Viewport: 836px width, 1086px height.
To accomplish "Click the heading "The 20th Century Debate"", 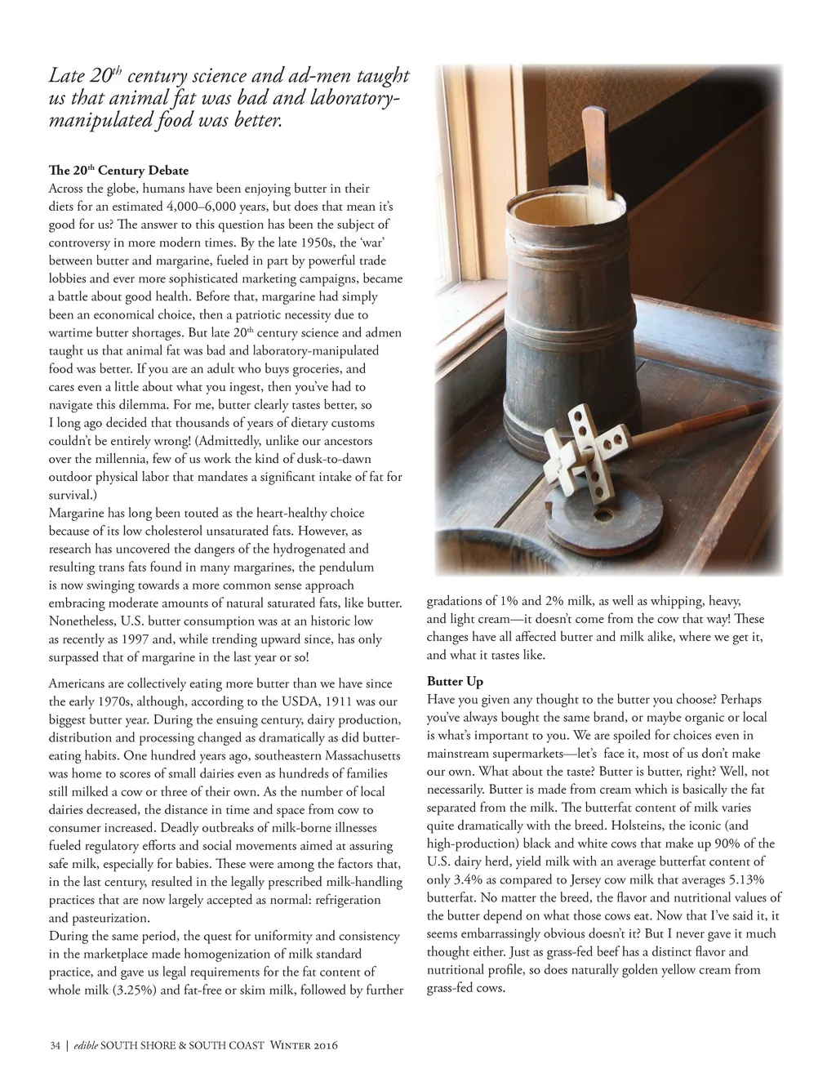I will click(118, 171).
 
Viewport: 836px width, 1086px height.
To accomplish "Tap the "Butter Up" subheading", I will click(455, 681).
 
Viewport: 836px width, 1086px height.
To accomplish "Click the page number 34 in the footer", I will click(55, 1046).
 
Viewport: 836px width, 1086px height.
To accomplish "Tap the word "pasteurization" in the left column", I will click(98, 917).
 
